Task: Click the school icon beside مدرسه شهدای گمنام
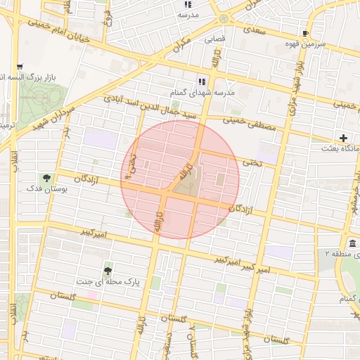(202, 82)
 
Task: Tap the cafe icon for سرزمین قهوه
(305, 33)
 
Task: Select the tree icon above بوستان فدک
(47, 177)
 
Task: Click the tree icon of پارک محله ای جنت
(108, 270)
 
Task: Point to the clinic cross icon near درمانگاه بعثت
(343, 138)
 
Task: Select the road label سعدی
(254, 30)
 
